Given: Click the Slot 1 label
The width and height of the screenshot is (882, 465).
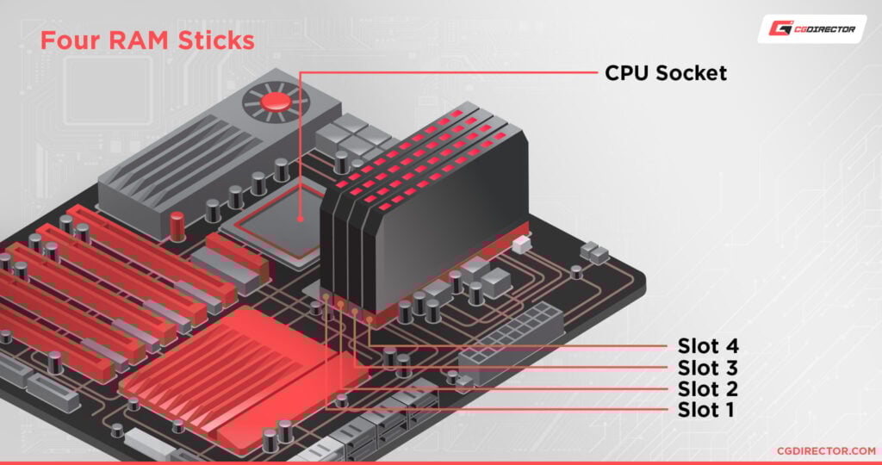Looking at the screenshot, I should click(x=705, y=409).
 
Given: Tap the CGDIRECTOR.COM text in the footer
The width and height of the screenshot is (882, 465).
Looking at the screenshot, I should click(x=812, y=449).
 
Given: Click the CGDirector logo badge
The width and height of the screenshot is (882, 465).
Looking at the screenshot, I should click(x=811, y=29).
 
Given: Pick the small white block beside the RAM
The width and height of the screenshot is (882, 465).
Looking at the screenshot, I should click(x=519, y=246).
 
